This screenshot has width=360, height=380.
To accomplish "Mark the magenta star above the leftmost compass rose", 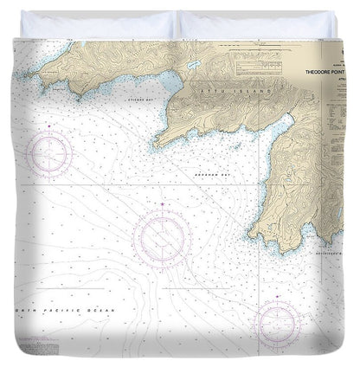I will click(49, 127).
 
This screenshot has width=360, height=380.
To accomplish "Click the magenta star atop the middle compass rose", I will click(164, 205).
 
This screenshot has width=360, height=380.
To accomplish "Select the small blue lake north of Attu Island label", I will click(196, 66).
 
